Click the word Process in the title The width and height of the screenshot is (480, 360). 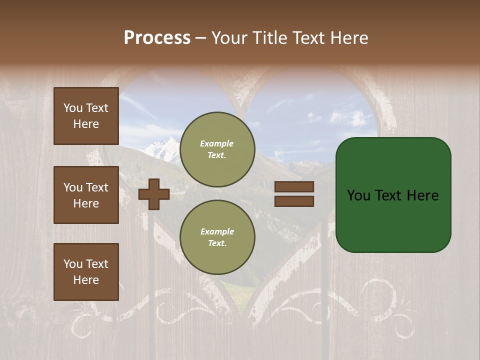(157, 38)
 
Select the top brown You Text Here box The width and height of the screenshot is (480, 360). (86, 116)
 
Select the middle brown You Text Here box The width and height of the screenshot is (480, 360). (86, 195)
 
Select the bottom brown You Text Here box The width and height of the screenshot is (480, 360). (86, 272)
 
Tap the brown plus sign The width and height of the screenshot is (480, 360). (154, 194)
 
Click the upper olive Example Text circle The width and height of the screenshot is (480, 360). (217, 149)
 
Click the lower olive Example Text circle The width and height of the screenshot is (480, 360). (217, 237)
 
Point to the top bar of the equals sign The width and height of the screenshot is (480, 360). (294, 187)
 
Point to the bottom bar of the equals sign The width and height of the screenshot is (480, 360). (294, 201)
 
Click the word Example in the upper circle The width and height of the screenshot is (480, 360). (217, 143)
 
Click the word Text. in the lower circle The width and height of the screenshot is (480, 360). (217, 243)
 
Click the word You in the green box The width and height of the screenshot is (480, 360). (358, 195)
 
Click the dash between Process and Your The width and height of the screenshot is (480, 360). (201, 38)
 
